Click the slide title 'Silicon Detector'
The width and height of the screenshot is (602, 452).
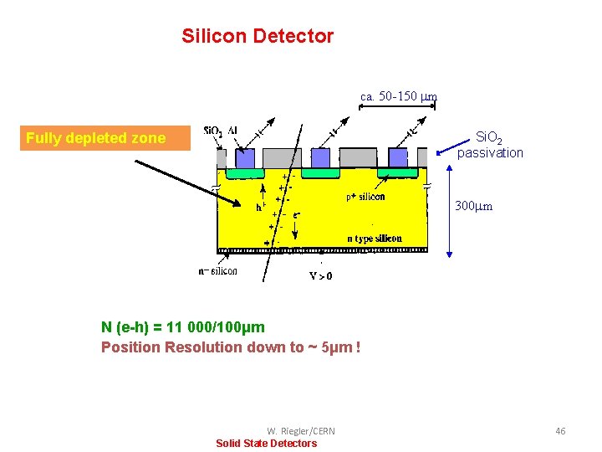[258, 36]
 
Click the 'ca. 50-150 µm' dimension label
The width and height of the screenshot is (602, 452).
[399, 96]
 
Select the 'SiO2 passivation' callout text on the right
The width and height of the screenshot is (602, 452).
[490, 145]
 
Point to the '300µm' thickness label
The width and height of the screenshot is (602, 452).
[473, 206]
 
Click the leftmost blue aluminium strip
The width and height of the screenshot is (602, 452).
[245, 157]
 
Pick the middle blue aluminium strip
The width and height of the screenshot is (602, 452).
[321, 157]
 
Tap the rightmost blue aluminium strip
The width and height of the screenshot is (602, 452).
[397, 157]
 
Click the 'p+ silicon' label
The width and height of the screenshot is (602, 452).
[365, 197]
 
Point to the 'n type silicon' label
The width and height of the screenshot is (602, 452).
[375, 239]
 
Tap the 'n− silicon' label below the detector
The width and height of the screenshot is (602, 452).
[217, 270]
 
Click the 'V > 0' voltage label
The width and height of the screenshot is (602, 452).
[321, 275]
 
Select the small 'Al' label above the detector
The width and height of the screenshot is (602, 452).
[232, 131]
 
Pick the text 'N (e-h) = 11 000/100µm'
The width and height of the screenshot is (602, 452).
[183, 327]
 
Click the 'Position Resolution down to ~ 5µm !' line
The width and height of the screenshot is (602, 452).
[231, 347]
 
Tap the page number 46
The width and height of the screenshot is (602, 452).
[560, 430]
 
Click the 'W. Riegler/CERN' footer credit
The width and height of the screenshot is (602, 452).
[301, 431]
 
